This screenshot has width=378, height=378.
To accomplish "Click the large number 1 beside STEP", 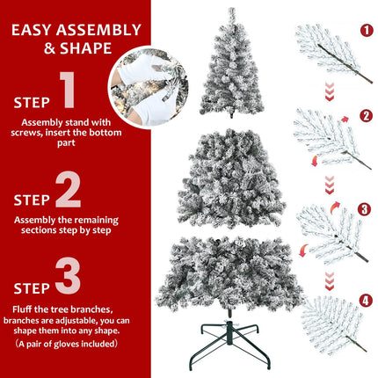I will pos(68,91).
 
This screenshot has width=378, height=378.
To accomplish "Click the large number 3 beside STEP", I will pos(68,277).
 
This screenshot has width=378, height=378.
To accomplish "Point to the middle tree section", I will pos(232,180).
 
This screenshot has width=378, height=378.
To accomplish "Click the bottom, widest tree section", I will pos(232,273).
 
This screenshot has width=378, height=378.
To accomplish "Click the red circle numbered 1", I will pos(367,31).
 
